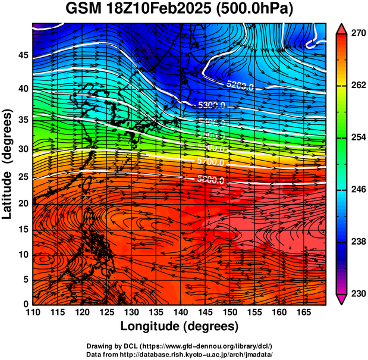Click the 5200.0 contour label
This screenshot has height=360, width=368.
tap(240, 86)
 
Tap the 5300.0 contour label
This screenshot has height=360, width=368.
tap(212, 105)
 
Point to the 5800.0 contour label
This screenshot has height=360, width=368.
tap(212, 180)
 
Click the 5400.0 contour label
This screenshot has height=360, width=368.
tap(212, 123)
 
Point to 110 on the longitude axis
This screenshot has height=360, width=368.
tap(33, 312)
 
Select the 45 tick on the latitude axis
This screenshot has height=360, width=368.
tap(22, 55)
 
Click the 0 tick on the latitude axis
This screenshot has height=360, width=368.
tap(25, 304)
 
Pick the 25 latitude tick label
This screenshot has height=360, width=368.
tap(22, 177)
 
